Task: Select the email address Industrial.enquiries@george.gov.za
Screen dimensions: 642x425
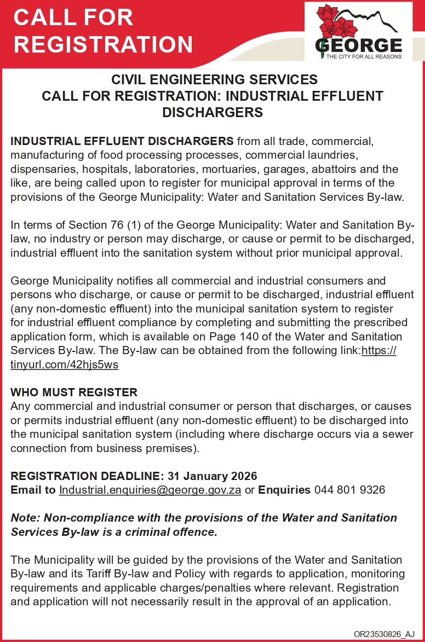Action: point(150,490)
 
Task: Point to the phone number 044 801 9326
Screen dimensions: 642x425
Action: point(349,490)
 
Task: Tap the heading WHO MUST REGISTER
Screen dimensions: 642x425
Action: point(74,392)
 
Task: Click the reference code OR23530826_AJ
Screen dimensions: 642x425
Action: point(384,634)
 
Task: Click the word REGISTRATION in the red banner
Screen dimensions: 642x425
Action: point(104,44)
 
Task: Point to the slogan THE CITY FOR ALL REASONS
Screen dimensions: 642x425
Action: point(364,56)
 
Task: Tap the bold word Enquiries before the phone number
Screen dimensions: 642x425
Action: point(284,490)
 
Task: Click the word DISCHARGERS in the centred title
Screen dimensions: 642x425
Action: point(213,113)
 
